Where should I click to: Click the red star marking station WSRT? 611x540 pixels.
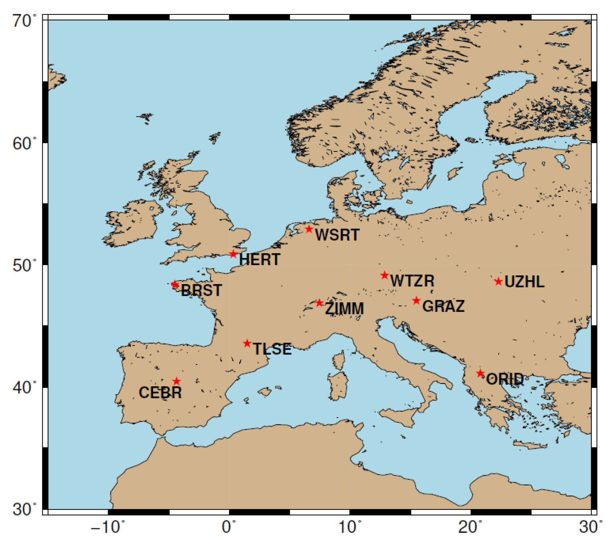tap(309, 229)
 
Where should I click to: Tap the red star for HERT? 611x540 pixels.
tap(233, 254)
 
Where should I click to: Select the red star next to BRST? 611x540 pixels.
tap(175, 284)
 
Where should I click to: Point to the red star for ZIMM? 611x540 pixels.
tap(319, 303)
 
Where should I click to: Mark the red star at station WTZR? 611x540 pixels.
tap(385, 275)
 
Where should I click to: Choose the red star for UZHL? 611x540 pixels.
tap(499, 281)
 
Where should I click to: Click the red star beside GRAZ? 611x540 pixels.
tap(416, 300)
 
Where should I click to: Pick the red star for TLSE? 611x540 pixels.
tap(247, 343)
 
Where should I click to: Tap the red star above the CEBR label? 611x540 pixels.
tap(176, 381)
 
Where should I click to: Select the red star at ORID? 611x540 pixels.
tap(480, 373)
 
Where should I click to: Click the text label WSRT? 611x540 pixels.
tap(337, 235)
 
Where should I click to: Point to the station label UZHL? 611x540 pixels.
tap(524, 282)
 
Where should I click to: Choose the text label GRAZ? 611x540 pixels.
tap(443, 306)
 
